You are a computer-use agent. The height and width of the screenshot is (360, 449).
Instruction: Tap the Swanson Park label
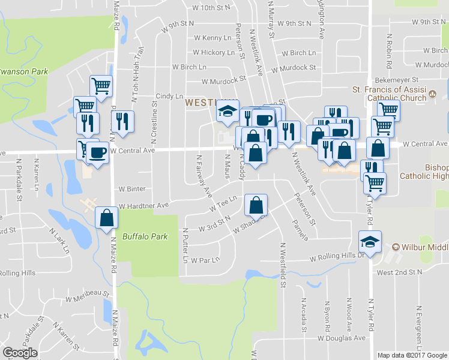(23, 71)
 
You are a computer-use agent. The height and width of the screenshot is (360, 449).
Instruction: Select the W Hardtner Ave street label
(144, 205)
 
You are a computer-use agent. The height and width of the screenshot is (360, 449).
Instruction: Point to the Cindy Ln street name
(169, 96)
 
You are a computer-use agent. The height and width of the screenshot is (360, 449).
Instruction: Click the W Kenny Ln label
(212, 37)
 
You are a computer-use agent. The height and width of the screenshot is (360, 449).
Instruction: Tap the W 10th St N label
(209, 8)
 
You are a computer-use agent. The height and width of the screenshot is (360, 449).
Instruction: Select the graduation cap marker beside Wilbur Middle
(370, 242)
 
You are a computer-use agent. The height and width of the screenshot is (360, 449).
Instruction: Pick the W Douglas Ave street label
(342, 338)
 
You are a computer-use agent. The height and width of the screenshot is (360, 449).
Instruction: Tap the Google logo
(20, 353)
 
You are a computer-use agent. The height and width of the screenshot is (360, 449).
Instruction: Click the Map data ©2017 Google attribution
(412, 355)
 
